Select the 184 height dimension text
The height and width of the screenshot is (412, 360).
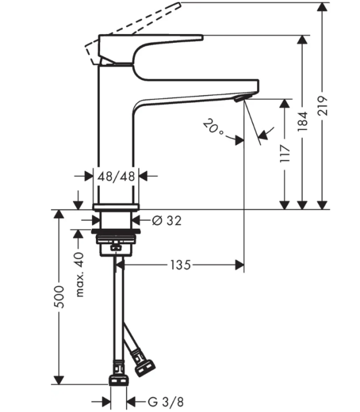coord(302,121)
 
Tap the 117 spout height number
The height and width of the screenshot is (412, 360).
coord(285,153)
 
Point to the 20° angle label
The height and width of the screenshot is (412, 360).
coord(213,127)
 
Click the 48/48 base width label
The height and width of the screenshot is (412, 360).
coord(116,176)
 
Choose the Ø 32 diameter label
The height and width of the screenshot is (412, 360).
coord(166,221)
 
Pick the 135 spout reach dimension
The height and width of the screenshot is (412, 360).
coord(181,265)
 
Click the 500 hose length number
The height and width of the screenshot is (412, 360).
coord(59,297)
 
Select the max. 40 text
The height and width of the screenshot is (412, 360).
coord(79,275)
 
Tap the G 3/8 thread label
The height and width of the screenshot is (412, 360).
coord(166,402)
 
